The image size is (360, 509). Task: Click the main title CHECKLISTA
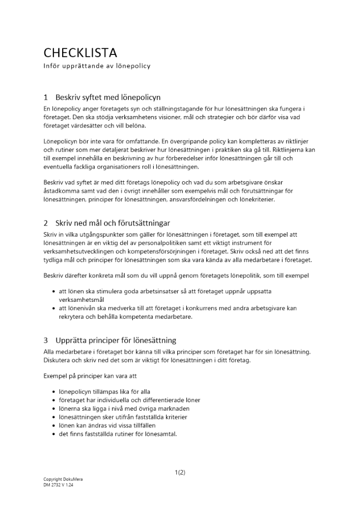pos(80,52)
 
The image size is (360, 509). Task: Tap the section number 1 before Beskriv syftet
pos(46,97)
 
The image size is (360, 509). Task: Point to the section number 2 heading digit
pos(46,223)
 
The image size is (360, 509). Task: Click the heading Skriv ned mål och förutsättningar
pos(113,223)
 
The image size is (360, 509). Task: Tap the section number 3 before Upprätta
pos(46,340)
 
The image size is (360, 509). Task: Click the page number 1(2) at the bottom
pos(180,472)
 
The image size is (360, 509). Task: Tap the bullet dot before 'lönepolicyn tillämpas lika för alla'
pos(54,392)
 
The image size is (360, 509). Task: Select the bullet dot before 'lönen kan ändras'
pos(54,426)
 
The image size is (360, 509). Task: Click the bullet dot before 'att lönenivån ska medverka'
pos(54,308)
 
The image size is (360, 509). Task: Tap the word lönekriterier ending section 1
pos(256,200)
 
